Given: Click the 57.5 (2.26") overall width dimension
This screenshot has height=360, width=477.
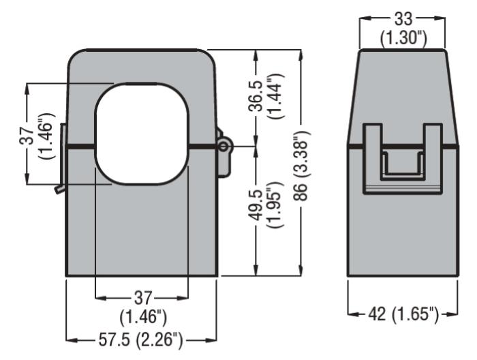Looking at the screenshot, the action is point(140,340).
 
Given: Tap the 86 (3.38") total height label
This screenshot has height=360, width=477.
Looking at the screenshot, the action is point(301,166).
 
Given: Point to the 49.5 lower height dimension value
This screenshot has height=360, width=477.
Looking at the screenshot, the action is point(255,205).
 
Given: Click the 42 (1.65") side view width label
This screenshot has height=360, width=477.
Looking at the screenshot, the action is point(403,314).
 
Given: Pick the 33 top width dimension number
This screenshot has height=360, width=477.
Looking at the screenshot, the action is point(403,19).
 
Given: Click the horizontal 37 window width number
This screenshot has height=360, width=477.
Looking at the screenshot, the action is point(142,298).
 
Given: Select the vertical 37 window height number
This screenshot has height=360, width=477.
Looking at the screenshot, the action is point(27,135).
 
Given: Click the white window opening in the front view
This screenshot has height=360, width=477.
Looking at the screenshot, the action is point(142,134).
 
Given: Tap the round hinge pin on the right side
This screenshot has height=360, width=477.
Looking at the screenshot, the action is point(224,147).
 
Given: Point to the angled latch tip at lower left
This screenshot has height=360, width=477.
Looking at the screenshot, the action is point(58,190).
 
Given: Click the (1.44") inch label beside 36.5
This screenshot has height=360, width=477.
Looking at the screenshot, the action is point(275,96).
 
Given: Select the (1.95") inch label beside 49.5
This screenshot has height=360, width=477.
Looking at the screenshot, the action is point(275,205).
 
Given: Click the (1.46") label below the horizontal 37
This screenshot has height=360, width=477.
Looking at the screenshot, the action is point(143,318).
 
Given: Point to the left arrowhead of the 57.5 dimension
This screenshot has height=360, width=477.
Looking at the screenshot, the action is point(71,340).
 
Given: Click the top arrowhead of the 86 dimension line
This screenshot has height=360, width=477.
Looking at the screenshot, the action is point(301,55).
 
